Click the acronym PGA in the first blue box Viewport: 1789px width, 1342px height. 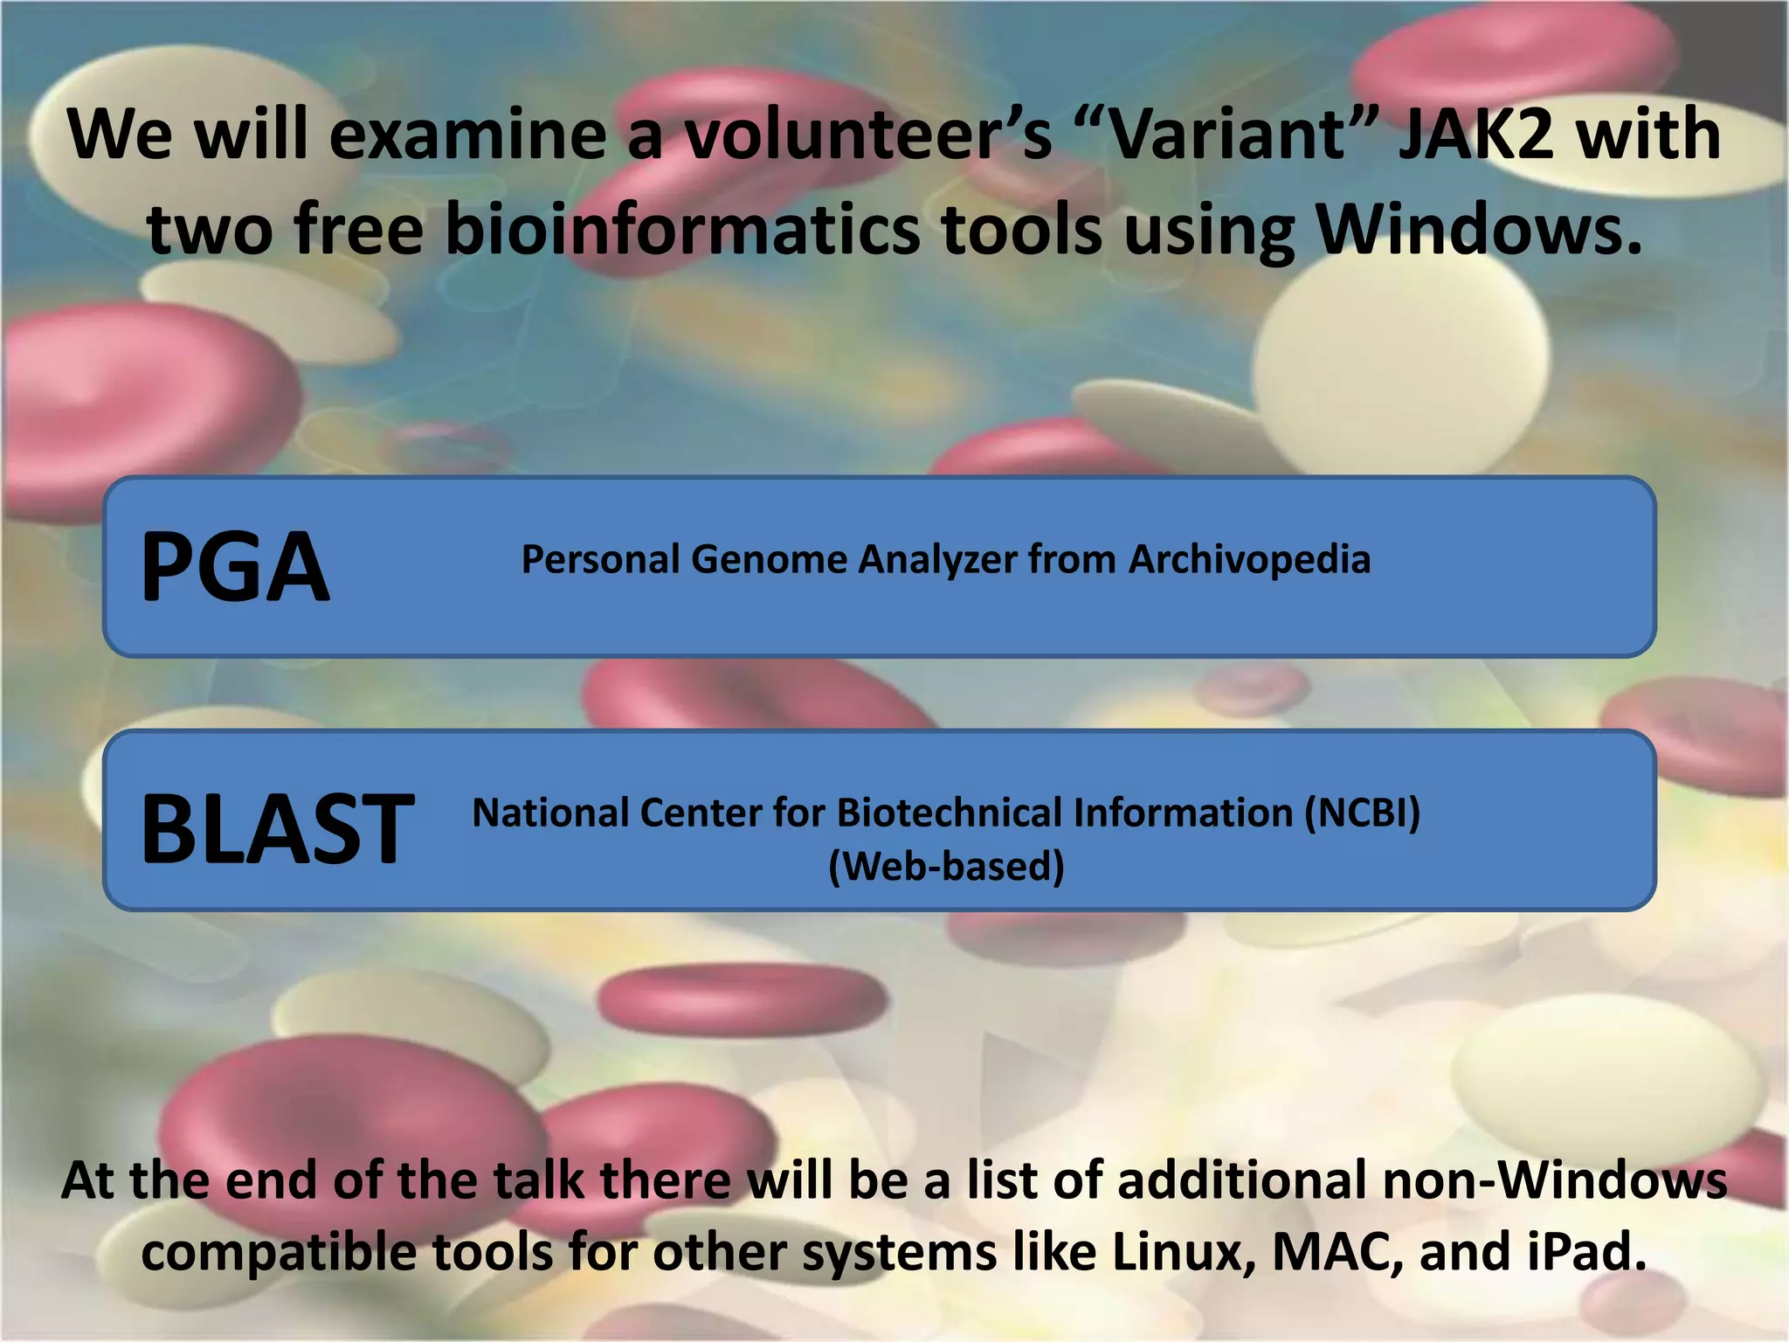coord(235,568)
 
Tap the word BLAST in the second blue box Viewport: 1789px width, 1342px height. coord(277,829)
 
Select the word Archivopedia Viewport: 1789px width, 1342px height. coord(1249,559)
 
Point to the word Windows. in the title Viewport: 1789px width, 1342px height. coord(1479,231)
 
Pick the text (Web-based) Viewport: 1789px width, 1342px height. coord(946,866)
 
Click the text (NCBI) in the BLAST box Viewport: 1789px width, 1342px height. coord(1362,813)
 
